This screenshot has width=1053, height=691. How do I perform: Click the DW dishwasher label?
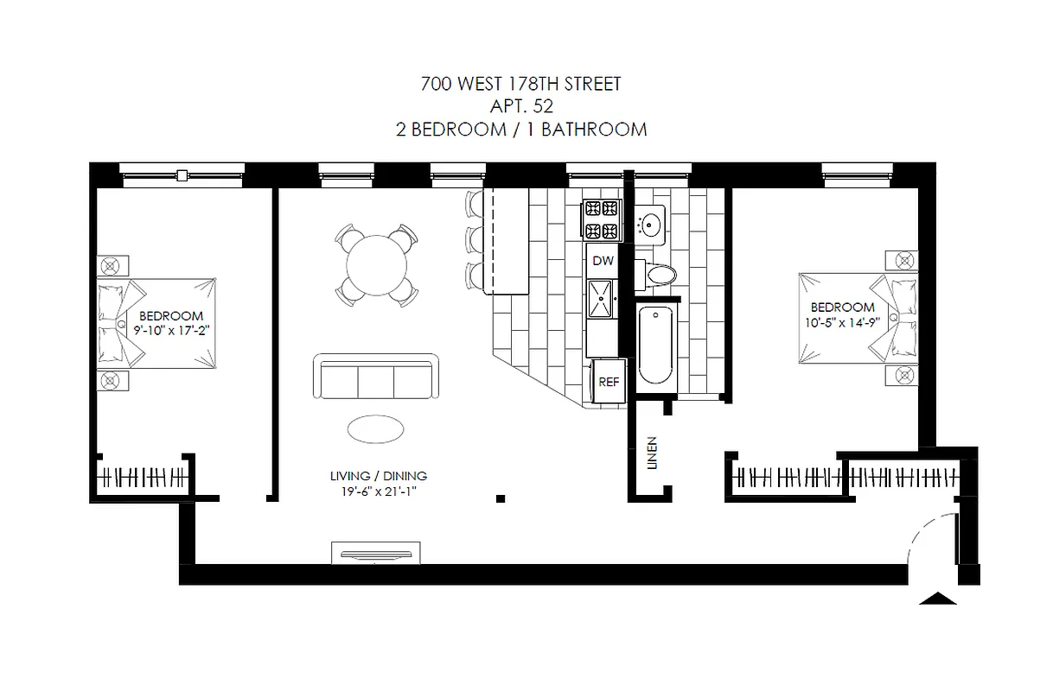603,260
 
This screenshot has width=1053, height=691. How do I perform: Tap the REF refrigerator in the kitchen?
609,383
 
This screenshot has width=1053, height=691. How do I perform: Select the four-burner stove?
603,219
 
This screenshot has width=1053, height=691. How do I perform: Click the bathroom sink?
650,225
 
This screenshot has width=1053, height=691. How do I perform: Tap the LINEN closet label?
653,453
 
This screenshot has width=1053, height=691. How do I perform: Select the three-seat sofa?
375,377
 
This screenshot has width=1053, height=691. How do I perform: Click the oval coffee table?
375,428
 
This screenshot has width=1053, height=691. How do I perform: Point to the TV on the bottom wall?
375,554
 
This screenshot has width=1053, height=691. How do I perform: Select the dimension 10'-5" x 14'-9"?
842,322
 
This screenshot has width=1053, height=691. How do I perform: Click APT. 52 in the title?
520,106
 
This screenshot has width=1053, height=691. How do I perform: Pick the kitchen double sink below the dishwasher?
603,298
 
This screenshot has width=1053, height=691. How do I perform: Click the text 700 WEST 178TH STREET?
520,84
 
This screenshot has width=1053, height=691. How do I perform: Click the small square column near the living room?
501,498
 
